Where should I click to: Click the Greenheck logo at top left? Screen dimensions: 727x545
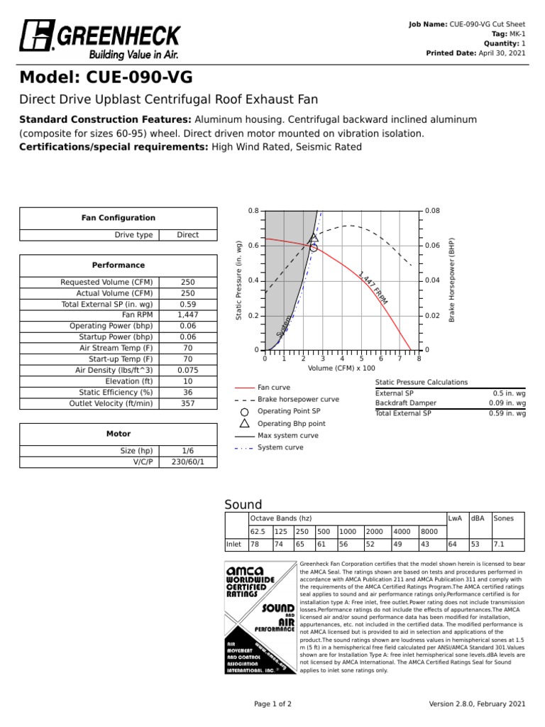pyautogui.click(x=99, y=39)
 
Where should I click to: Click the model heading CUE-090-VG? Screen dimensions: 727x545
pyautogui.click(x=106, y=77)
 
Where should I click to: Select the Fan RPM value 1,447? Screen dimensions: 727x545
pyautogui.click(x=187, y=314)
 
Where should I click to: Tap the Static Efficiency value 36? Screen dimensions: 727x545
pyautogui.click(x=187, y=391)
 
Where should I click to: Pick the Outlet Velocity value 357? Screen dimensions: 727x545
pyautogui.click(x=187, y=403)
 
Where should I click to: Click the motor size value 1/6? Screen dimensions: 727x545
pyautogui.click(x=187, y=450)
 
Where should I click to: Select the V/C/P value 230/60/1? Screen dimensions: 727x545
pyautogui.click(x=187, y=461)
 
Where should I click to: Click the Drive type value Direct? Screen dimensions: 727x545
pyautogui.click(x=187, y=235)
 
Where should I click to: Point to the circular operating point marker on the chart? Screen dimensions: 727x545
pyautogui.click(x=314, y=248)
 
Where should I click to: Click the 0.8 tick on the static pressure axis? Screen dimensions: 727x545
pyautogui.click(x=253, y=211)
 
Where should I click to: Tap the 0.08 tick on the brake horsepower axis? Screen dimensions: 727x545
pyautogui.click(x=432, y=211)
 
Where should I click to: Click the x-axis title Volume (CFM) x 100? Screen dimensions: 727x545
pyautogui.click(x=341, y=368)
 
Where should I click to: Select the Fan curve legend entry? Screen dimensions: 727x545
pyautogui.click(x=273, y=388)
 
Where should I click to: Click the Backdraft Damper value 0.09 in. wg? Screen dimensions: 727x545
pyautogui.click(x=507, y=403)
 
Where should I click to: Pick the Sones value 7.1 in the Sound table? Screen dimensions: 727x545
pyautogui.click(x=498, y=545)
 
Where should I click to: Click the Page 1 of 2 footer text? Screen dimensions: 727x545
pyautogui.click(x=272, y=704)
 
